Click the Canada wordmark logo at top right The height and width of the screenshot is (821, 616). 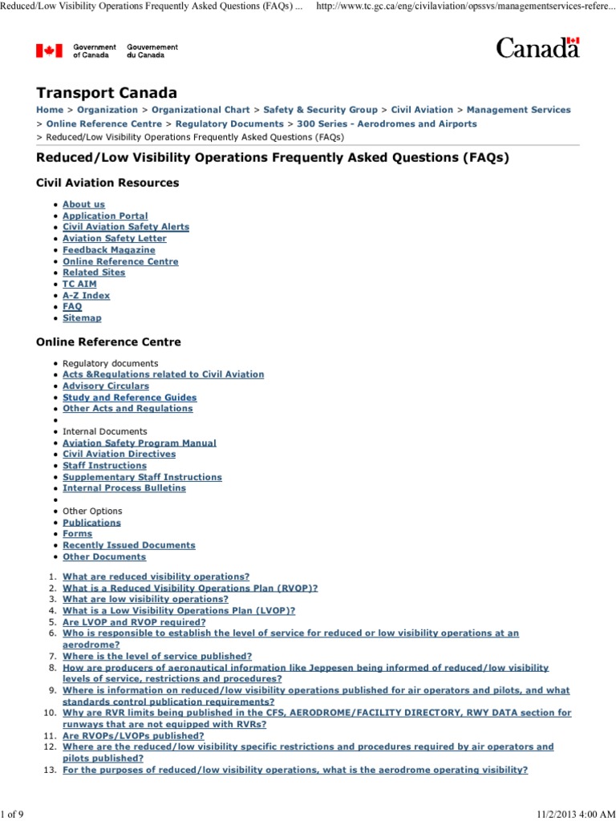click(x=537, y=48)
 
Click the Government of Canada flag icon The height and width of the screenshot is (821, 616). click(x=49, y=51)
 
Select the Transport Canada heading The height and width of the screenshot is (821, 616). click(x=107, y=93)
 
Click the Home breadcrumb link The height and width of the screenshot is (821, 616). click(x=50, y=110)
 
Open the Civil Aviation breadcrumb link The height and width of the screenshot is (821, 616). click(x=422, y=110)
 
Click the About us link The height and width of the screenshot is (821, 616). click(x=83, y=204)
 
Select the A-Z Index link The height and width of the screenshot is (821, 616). click(x=86, y=295)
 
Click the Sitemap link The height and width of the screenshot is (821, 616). click(x=82, y=318)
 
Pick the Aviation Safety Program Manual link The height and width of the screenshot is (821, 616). click(x=139, y=443)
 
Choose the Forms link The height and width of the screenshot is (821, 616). click(x=77, y=533)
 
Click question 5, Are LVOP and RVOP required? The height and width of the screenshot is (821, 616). click(x=134, y=621)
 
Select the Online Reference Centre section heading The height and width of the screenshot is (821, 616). click(x=108, y=342)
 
